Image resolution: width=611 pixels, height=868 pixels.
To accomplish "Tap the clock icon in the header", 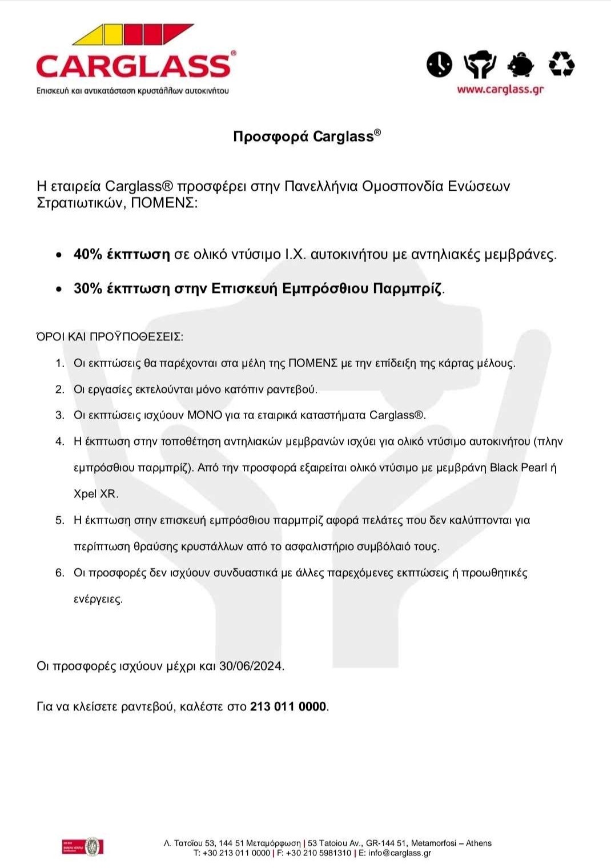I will point(439,64).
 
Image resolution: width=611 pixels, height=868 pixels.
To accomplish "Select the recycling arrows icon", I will point(561,64).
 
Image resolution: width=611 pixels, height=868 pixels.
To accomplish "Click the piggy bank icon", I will point(520,64).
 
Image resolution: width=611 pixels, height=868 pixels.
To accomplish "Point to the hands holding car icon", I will point(480,64).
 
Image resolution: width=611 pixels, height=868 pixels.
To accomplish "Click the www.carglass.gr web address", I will point(500,90).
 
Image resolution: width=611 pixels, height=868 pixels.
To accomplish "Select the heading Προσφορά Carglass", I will point(306,136).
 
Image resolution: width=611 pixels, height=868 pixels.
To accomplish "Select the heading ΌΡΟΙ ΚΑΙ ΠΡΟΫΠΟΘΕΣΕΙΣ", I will point(110,337).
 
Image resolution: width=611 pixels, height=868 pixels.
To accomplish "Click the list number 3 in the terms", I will point(59,415).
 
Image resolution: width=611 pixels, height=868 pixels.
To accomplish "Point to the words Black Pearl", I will point(518,468).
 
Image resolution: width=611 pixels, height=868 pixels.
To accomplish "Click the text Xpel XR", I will point(95,494).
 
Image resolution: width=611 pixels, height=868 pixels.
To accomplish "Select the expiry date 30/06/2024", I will point(251,666).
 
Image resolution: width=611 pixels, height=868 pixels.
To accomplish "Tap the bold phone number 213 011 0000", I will point(288,707).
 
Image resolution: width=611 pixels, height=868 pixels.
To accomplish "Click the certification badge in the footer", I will point(83,846).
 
